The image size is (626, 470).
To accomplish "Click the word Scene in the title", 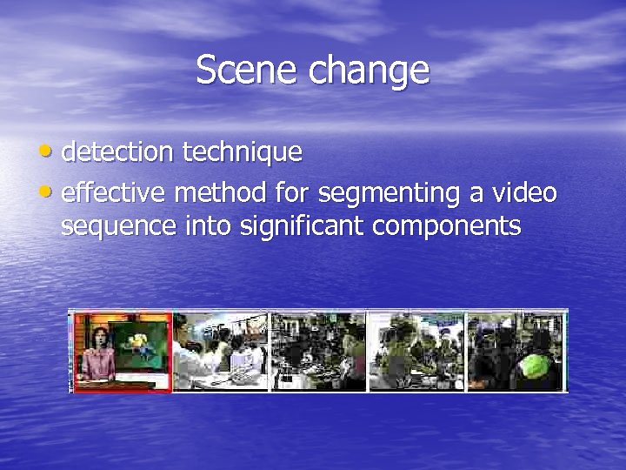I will [247, 70].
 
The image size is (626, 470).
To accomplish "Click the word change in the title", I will [369, 70].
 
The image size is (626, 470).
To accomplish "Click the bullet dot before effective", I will [50, 191].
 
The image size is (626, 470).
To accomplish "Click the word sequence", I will [119, 226].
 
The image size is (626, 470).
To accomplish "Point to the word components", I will [447, 228].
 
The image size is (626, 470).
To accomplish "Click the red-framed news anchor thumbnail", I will [122, 351].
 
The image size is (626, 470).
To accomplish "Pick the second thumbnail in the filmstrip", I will [220, 351].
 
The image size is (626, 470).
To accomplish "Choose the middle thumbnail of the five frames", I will [318, 351].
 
